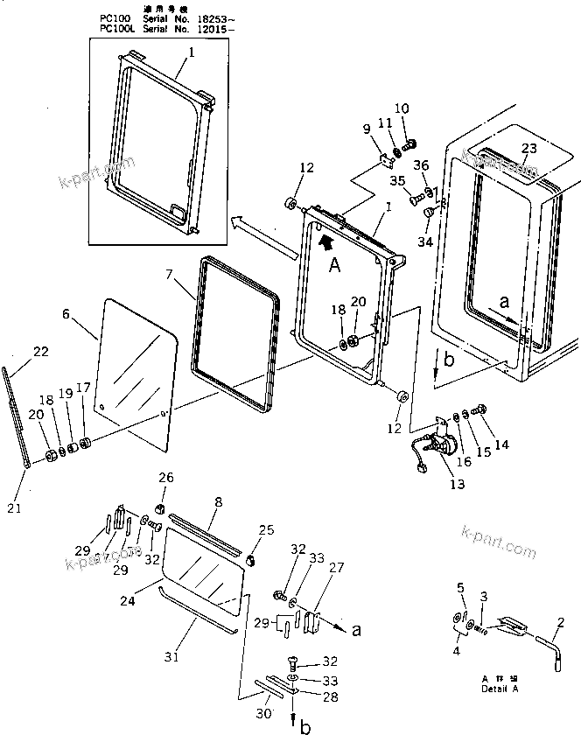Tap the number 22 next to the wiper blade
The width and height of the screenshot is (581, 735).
tap(40, 352)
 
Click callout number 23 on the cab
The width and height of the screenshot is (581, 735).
tap(529, 148)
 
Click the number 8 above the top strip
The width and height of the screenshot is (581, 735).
tap(218, 503)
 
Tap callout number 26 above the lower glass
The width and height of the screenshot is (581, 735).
tap(165, 477)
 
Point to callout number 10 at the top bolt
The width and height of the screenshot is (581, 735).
tap(402, 108)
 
